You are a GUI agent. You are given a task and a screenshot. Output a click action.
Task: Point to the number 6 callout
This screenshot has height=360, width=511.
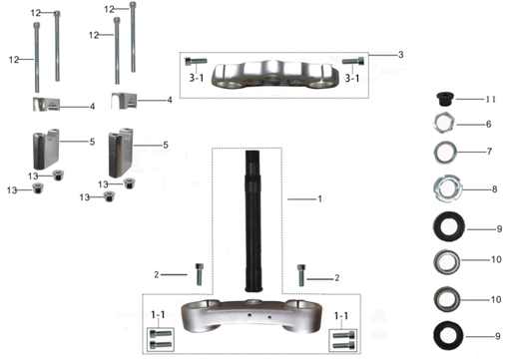tap(488, 125)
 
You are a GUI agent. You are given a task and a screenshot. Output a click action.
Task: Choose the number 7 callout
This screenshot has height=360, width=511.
tap(488, 154)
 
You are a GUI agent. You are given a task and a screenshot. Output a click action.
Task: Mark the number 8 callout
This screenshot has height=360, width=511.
tap(488, 186)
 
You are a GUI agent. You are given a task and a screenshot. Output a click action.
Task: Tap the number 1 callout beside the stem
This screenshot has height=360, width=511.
tap(319, 199)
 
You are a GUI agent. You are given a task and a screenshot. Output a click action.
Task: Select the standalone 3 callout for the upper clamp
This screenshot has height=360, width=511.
tap(400, 53)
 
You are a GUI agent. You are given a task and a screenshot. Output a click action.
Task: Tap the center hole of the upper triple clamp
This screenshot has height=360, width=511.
tap(272, 70)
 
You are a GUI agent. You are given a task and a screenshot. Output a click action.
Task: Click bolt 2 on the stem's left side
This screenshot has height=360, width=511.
tap(201, 270)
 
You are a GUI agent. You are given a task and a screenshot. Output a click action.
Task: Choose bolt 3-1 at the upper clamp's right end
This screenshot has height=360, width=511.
tap(348, 63)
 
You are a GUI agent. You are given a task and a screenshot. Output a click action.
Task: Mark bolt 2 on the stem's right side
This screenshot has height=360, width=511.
tap(301, 272)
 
